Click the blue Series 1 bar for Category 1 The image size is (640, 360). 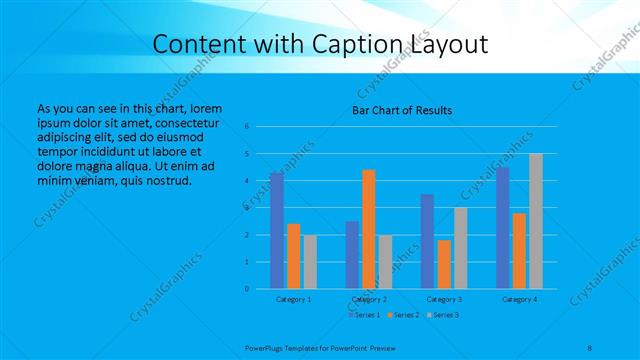(277, 231)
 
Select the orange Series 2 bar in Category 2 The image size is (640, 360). (369, 229)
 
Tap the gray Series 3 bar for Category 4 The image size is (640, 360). (536, 221)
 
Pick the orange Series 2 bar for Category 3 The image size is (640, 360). (444, 264)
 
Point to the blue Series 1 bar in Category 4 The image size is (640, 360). (502, 228)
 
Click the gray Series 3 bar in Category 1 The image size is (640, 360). (310, 262)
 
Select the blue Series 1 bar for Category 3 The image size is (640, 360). (427, 241)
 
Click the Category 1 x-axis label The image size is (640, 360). (294, 299)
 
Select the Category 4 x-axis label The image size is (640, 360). (519, 299)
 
